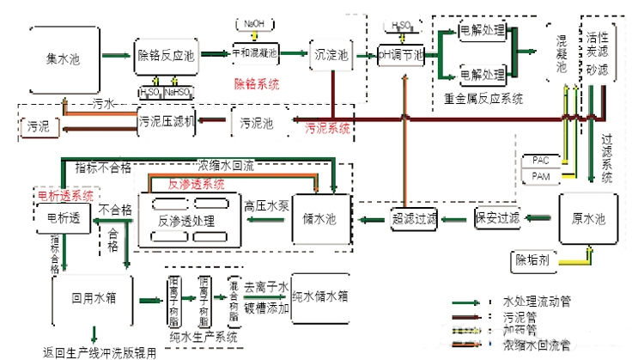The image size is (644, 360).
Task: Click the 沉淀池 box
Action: click(x=331, y=55)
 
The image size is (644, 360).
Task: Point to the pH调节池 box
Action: click(x=401, y=54)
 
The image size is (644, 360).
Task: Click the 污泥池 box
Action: click(x=257, y=123)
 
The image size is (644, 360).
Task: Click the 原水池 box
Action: click(x=588, y=219)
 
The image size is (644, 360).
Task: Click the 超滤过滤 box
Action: click(x=414, y=219)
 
